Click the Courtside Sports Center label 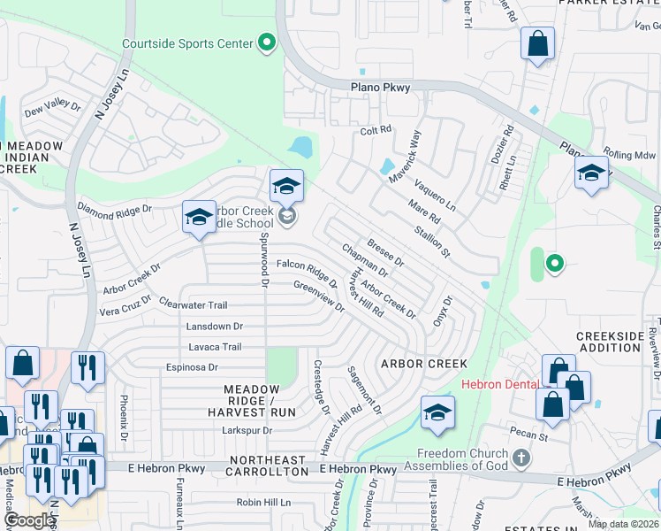[x=186, y=42]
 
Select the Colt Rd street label [x=376, y=130]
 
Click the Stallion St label [x=433, y=241]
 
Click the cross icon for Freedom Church [x=521, y=458]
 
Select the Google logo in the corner [x=28, y=520]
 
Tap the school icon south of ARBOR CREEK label [x=437, y=414]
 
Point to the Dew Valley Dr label [x=53, y=108]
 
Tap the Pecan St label [x=529, y=436]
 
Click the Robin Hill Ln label [x=263, y=502]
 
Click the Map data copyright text [x=623, y=524]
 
